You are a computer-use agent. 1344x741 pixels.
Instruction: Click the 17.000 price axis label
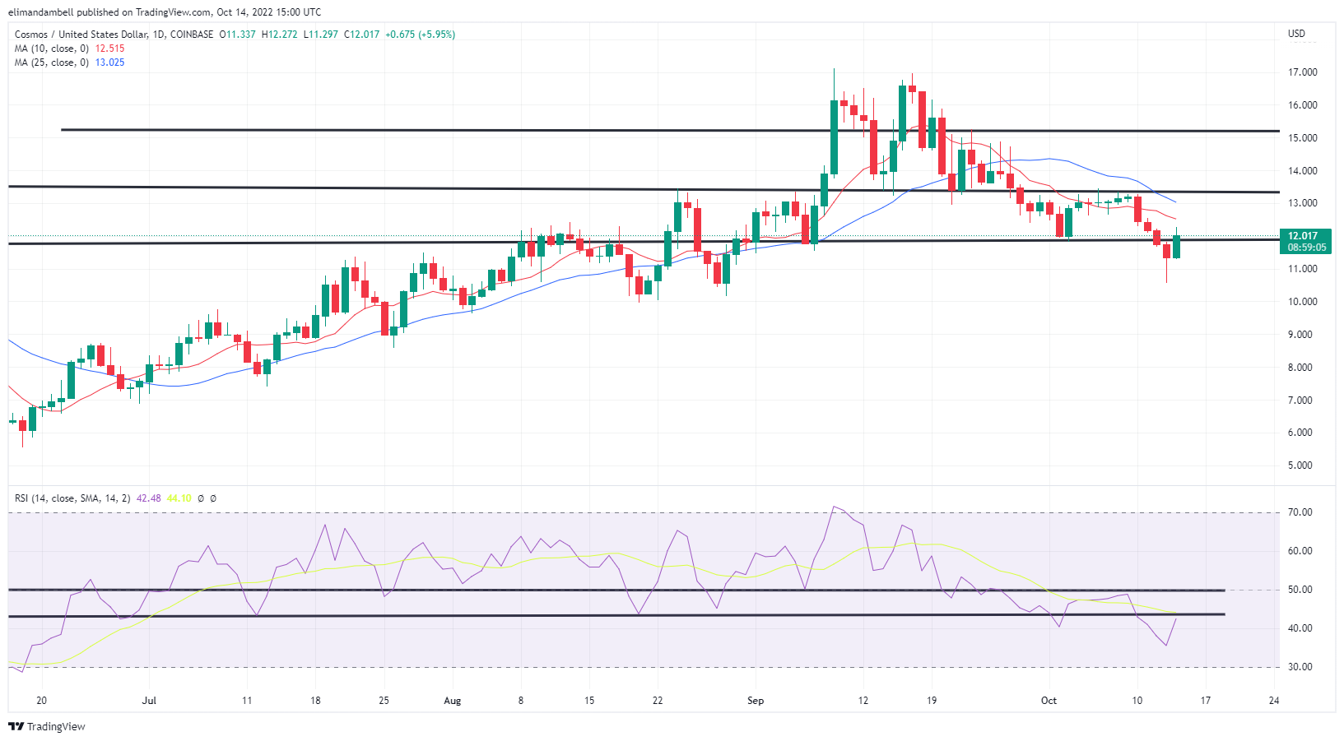tap(1302, 72)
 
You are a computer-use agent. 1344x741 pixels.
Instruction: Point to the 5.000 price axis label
tap(1300, 465)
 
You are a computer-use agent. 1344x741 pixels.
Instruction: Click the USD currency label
tap(1296, 34)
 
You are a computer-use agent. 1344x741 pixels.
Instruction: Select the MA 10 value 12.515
tap(109, 49)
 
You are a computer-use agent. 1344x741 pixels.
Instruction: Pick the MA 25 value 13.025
tap(109, 63)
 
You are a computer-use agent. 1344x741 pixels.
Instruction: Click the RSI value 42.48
tap(148, 498)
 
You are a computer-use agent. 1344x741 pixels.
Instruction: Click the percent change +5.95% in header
tap(436, 35)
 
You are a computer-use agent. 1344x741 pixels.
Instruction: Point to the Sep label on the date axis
tap(755, 701)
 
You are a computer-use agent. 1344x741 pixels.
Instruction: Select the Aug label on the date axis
tap(452, 701)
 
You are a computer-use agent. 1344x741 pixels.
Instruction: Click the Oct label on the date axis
tap(1049, 701)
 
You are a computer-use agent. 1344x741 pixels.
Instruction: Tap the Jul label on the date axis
tap(149, 701)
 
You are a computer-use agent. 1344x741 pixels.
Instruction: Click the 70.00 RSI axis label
tap(1300, 512)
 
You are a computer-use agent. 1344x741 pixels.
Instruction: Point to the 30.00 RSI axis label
tap(1300, 667)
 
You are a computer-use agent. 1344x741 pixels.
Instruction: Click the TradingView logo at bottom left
tap(47, 727)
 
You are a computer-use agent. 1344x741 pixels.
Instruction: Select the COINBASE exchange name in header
tap(192, 35)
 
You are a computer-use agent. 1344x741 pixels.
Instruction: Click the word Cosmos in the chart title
tap(31, 35)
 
